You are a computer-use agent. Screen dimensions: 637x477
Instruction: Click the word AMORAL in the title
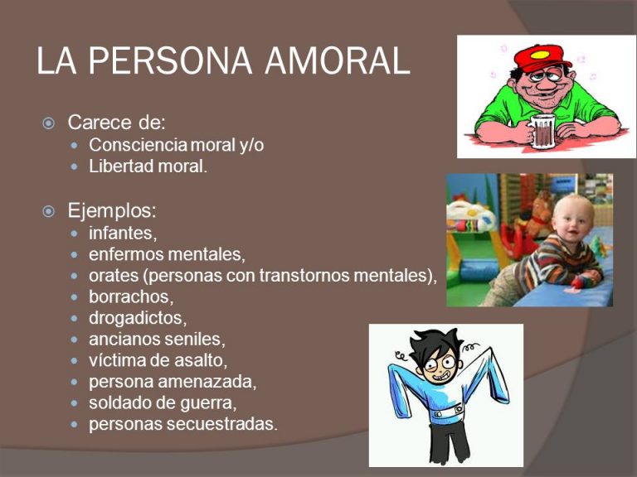pyautogui.click(x=338, y=60)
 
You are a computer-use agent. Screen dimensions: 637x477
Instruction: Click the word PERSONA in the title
pyautogui.click(x=170, y=60)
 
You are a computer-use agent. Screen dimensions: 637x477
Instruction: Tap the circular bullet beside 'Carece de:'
pyautogui.click(x=48, y=123)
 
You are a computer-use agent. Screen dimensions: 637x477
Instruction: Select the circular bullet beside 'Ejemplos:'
pyautogui.click(x=48, y=211)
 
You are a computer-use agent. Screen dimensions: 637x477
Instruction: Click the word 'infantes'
pyautogui.click(x=121, y=233)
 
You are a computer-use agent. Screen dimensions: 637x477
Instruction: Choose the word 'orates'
pyautogui.click(x=114, y=276)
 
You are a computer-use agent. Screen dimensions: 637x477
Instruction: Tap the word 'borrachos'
pyautogui.click(x=129, y=296)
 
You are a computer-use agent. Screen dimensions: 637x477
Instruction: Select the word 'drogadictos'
pyautogui.click(x=136, y=318)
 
